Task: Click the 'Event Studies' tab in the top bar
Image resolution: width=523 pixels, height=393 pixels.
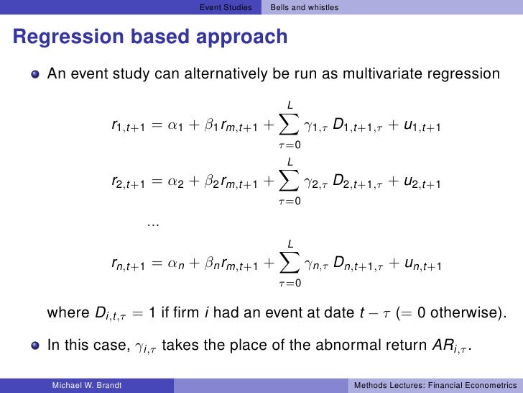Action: [225, 8]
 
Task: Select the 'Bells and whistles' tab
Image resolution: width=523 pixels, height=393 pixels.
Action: [304, 8]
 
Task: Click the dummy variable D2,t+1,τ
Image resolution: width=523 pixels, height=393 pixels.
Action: [357, 184]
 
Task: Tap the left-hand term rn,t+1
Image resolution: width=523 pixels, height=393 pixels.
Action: [129, 266]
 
